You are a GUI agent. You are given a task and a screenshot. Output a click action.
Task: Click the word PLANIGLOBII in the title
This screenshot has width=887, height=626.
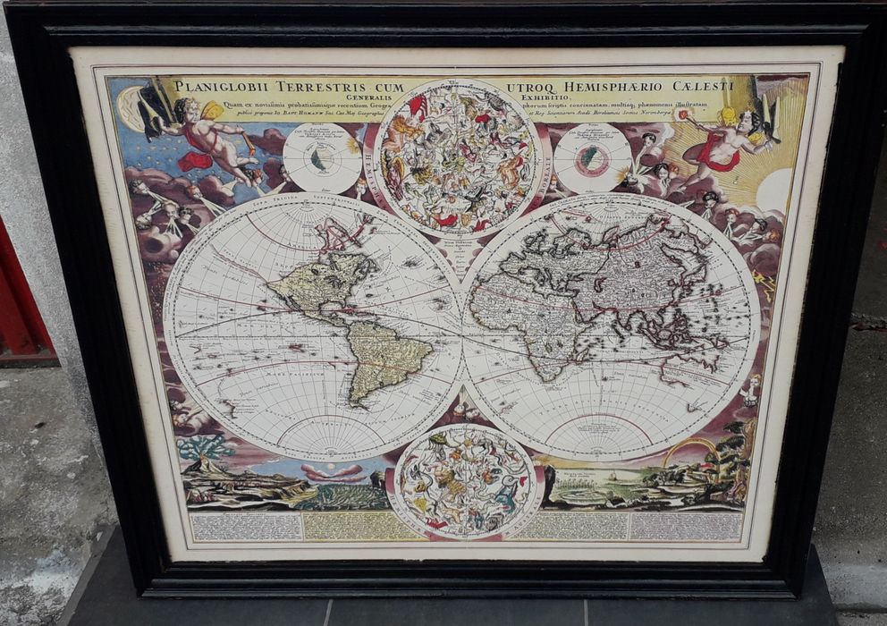click(x=216, y=87)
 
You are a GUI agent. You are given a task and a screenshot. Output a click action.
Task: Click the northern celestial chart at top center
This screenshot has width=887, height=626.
click(x=457, y=156)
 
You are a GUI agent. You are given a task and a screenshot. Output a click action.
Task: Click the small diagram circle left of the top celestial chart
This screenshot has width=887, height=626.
click(x=322, y=158)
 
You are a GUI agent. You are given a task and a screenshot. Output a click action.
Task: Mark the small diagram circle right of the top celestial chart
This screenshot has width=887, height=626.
click(x=592, y=157)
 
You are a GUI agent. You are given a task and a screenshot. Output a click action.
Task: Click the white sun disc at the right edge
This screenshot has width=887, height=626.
click(x=774, y=190)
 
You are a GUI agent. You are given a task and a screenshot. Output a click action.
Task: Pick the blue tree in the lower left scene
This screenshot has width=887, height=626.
click(x=207, y=446)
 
